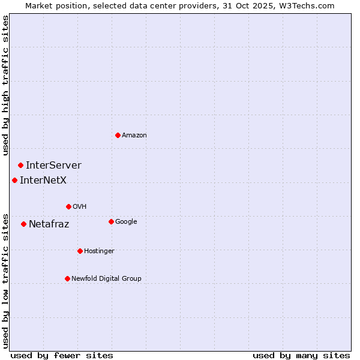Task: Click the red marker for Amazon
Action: point(118,135)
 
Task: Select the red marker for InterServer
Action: point(20,165)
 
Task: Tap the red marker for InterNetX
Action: point(14,180)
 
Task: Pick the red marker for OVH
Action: point(68,206)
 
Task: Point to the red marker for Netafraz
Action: point(23,224)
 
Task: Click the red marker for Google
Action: point(111,221)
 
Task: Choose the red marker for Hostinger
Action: point(80,251)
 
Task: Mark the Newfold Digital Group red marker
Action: point(67,278)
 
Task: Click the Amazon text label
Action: point(134,135)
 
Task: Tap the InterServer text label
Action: point(53,165)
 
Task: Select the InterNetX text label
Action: point(43,180)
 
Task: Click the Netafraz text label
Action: point(49,224)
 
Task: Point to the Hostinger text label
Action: point(99,251)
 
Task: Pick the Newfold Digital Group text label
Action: point(106,278)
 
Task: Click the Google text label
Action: point(126,221)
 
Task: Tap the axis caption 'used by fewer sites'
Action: point(62,355)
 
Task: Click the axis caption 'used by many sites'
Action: point(301,355)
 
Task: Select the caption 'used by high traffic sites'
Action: point(5,85)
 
